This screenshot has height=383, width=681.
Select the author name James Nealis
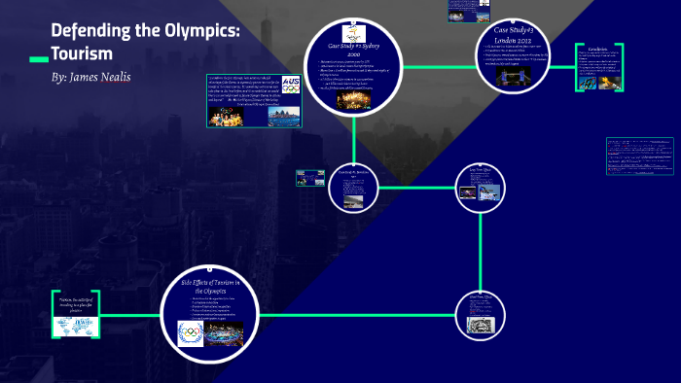(x=105, y=77)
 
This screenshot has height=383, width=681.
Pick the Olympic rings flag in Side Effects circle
(x=190, y=333)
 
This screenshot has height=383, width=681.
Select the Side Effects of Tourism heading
(x=217, y=286)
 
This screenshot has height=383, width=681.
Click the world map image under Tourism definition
(x=77, y=327)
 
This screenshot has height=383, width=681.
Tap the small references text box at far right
(x=639, y=156)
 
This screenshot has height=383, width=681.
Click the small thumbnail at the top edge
(x=469, y=10)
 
